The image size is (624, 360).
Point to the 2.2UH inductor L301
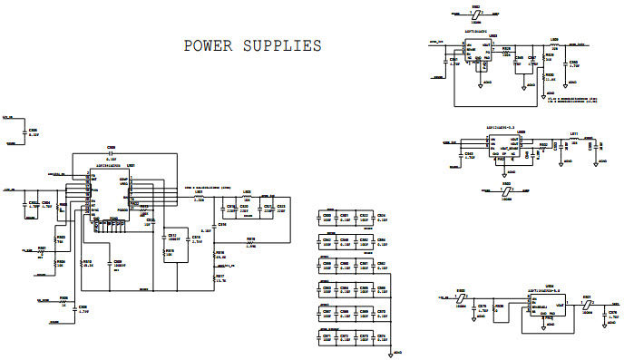click(199, 197)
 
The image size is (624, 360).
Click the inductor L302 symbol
click(247, 197)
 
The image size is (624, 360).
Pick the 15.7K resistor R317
click(214, 279)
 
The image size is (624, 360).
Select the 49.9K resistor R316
click(214, 258)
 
